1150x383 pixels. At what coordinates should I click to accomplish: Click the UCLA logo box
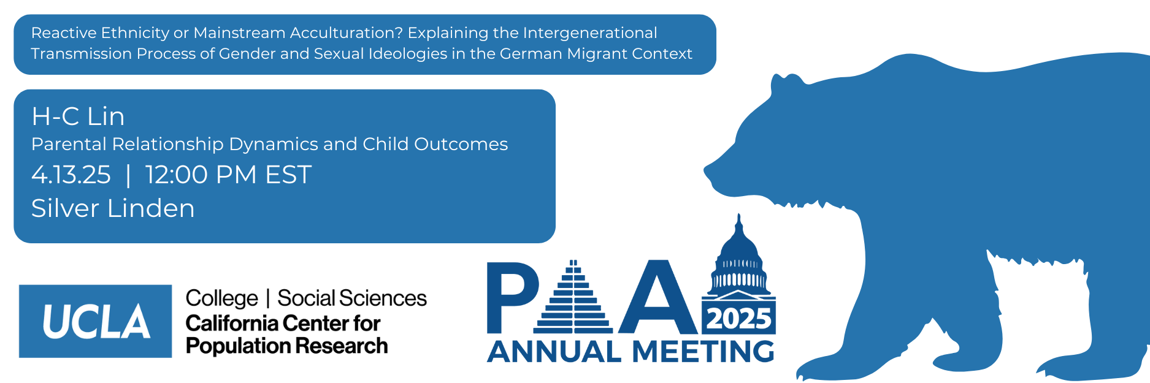click(x=95, y=321)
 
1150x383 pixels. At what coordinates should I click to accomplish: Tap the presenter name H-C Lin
click(x=78, y=116)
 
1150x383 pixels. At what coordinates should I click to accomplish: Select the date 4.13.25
click(x=71, y=175)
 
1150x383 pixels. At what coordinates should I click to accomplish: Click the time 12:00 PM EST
click(x=228, y=175)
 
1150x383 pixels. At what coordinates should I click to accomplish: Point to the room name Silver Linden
click(x=113, y=208)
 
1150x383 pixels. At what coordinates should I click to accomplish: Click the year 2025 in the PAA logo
click(x=738, y=319)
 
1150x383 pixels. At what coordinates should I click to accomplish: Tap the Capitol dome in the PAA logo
click(x=738, y=257)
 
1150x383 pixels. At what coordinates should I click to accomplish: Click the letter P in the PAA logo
click(x=512, y=298)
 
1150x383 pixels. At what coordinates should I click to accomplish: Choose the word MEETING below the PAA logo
click(x=703, y=352)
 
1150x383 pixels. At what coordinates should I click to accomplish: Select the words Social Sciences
click(x=352, y=298)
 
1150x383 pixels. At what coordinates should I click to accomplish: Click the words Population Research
click(x=286, y=346)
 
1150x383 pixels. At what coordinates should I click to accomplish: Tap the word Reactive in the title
click(x=64, y=32)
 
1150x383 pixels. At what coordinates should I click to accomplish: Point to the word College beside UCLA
click(x=222, y=299)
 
